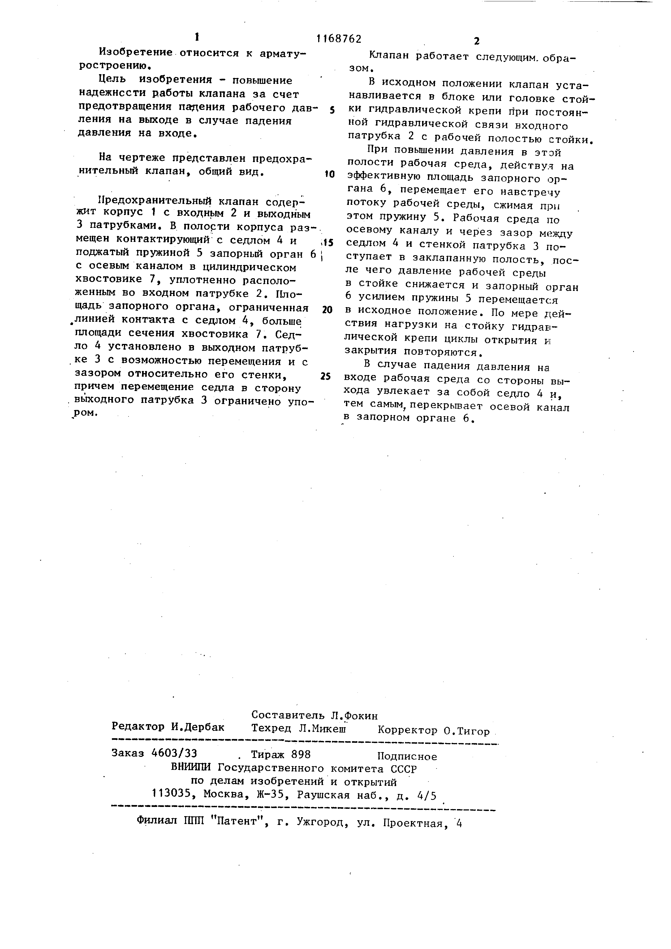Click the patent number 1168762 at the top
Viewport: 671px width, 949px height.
click(x=338, y=39)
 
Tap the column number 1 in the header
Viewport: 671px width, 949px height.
click(x=197, y=37)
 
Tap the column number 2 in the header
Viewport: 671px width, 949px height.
click(x=476, y=41)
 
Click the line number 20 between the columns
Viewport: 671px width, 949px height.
click(x=327, y=310)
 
